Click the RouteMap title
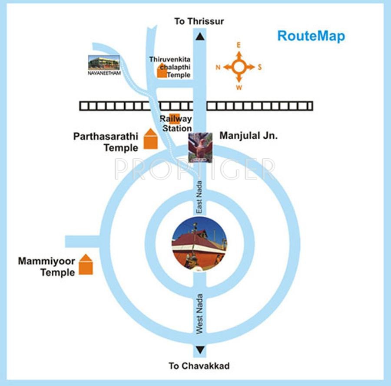(x=311, y=36)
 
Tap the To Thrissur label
(x=199, y=21)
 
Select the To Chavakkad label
(x=199, y=366)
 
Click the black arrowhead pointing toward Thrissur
(x=200, y=36)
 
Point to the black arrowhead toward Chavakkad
(x=200, y=350)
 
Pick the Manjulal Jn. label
(x=248, y=136)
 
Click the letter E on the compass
(x=239, y=45)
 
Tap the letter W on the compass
(x=239, y=88)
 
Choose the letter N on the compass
(x=218, y=67)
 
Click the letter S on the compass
(x=260, y=67)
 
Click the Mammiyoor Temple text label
(x=46, y=267)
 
